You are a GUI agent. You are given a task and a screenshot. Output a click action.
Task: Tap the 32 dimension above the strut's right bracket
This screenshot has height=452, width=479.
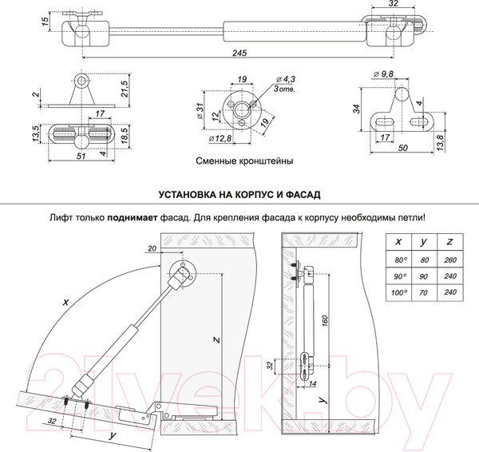pyautogui.click(x=394, y=4)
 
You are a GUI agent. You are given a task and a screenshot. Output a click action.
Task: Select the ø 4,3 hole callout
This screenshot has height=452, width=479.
pyautogui.click(x=286, y=80)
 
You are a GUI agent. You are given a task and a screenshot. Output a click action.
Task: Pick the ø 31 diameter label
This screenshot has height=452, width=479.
pyautogui.click(x=200, y=107)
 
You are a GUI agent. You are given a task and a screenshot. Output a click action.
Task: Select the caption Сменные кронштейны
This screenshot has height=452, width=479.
pyautogui.click(x=243, y=161)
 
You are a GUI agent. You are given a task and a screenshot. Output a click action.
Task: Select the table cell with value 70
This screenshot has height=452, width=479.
pyautogui.click(x=426, y=293)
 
